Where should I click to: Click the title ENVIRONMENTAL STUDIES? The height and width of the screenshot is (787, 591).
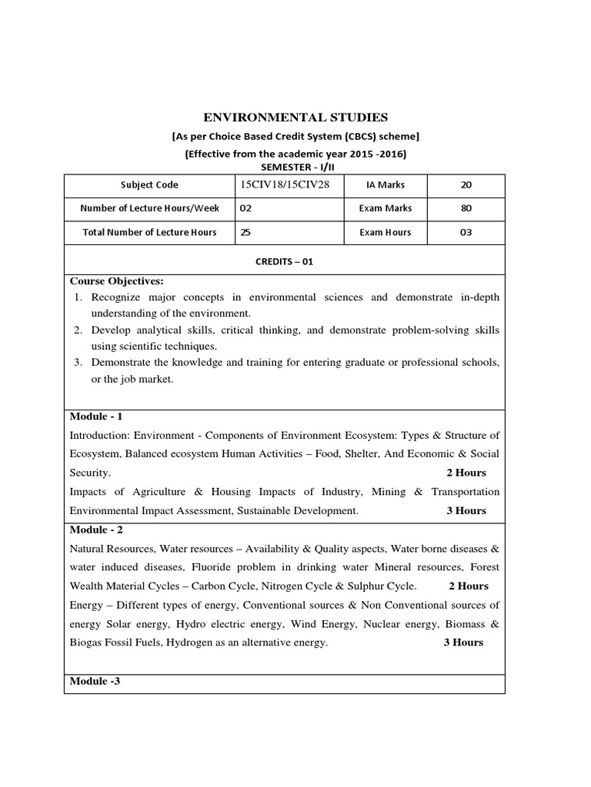[295, 117]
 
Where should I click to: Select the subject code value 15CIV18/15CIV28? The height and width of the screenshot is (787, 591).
[278, 184]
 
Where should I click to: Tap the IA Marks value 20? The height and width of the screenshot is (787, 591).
[466, 184]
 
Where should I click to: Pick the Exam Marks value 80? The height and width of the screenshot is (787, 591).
[466, 208]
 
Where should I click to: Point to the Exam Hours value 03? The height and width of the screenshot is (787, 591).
[466, 232]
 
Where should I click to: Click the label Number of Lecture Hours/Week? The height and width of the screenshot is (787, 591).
[149, 208]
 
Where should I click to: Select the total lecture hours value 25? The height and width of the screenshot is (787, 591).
[245, 232]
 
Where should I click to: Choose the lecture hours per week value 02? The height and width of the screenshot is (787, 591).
[245, 208]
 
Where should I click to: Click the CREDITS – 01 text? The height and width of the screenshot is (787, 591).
[285, 261]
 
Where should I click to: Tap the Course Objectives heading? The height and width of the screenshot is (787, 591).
[116, 281]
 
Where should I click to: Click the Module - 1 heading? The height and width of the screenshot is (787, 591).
[96, 417]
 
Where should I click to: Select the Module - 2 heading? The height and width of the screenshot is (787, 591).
[96, 530]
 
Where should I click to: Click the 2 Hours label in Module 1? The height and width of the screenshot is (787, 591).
[466, 473]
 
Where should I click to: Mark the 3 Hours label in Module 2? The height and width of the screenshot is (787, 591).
[463, 643]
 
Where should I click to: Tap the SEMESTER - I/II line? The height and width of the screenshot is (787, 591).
[295, 167]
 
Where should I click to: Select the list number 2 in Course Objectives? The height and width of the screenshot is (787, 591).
[78, 330]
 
